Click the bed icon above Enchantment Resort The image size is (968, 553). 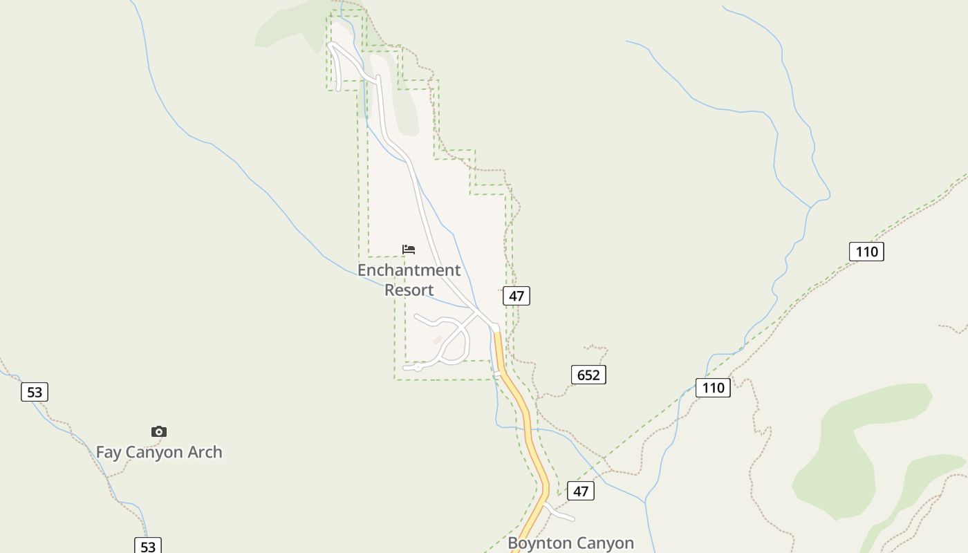tap(409, 249)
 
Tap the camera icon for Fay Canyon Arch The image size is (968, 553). tap(159, 431)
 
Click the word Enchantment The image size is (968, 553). tap(409, 270)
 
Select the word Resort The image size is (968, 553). tap(409, 290)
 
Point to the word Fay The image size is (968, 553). tap(109, 452)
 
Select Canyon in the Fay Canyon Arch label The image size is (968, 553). tap(156, 452)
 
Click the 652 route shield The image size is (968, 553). tap(588, 375)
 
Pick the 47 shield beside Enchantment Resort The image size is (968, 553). tap(516, 296)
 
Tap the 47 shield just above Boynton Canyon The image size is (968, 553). tap(580, 491)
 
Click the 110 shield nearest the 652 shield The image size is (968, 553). tap(713, 387)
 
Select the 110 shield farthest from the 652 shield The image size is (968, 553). tap(866, 251)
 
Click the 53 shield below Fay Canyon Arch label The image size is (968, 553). tap(148, 546)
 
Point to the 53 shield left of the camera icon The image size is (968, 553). tap(35, 392)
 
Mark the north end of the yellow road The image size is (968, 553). tap(496, 335)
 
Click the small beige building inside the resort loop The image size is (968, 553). tap(437, 339)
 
